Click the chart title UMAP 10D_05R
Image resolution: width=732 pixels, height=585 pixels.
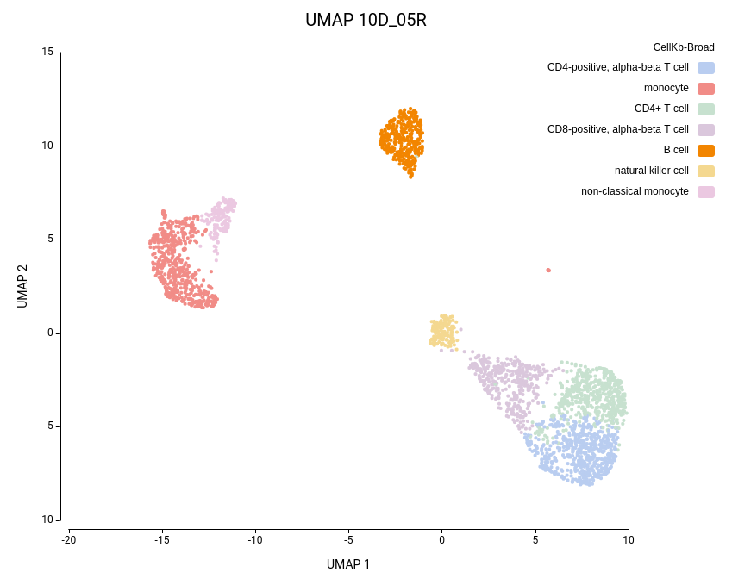pyautogui.click(x=366, y=20)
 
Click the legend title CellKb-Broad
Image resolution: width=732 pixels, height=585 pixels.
pyautogui.click(x=684, y=47)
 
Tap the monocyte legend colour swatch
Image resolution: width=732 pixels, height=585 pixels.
pyautogui.click(x=706, y=88)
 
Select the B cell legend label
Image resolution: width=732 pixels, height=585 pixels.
pyautogui.click(x=670, y=150)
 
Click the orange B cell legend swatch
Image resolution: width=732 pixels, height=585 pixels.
pyautogui.click(x=706, y=150)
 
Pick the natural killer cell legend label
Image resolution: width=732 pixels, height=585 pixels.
pyautogui.click(x=651, y=171)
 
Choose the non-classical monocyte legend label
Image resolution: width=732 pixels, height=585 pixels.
pyautogui.click(x=635, y=191)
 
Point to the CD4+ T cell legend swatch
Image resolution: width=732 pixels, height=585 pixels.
pyautogui.click(x=706, y=109)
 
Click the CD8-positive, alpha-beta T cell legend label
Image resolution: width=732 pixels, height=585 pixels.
pyautogui.click(x=617, y=129)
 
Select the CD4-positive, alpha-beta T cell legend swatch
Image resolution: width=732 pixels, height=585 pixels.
pyautogui.click(x=706, y=67)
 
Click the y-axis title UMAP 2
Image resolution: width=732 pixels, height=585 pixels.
pyautogui.click(x=22, y=286)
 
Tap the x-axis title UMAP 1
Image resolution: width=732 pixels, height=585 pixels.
pyautogui.click(x=348, y=564)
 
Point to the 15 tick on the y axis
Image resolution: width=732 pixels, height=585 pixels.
pyautogui.click(x=47, y=52)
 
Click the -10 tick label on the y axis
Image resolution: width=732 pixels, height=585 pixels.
pyautogui.click(x=46, y=520)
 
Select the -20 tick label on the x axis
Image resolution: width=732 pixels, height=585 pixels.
pyautogui.click(x=69, y=540)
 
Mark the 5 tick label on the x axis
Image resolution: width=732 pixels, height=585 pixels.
pyautogui.click(x=535, y=540)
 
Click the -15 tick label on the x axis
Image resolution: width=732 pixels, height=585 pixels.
pyautogui.click(x=162, y=540)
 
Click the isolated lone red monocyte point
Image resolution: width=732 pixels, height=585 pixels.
pyautogui.click(x=547, y=270)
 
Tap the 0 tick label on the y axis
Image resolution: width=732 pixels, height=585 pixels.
pyautogui.click(x=50, y=333)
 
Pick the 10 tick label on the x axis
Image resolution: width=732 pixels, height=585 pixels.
pyautogui.click(x=629, y=540)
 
